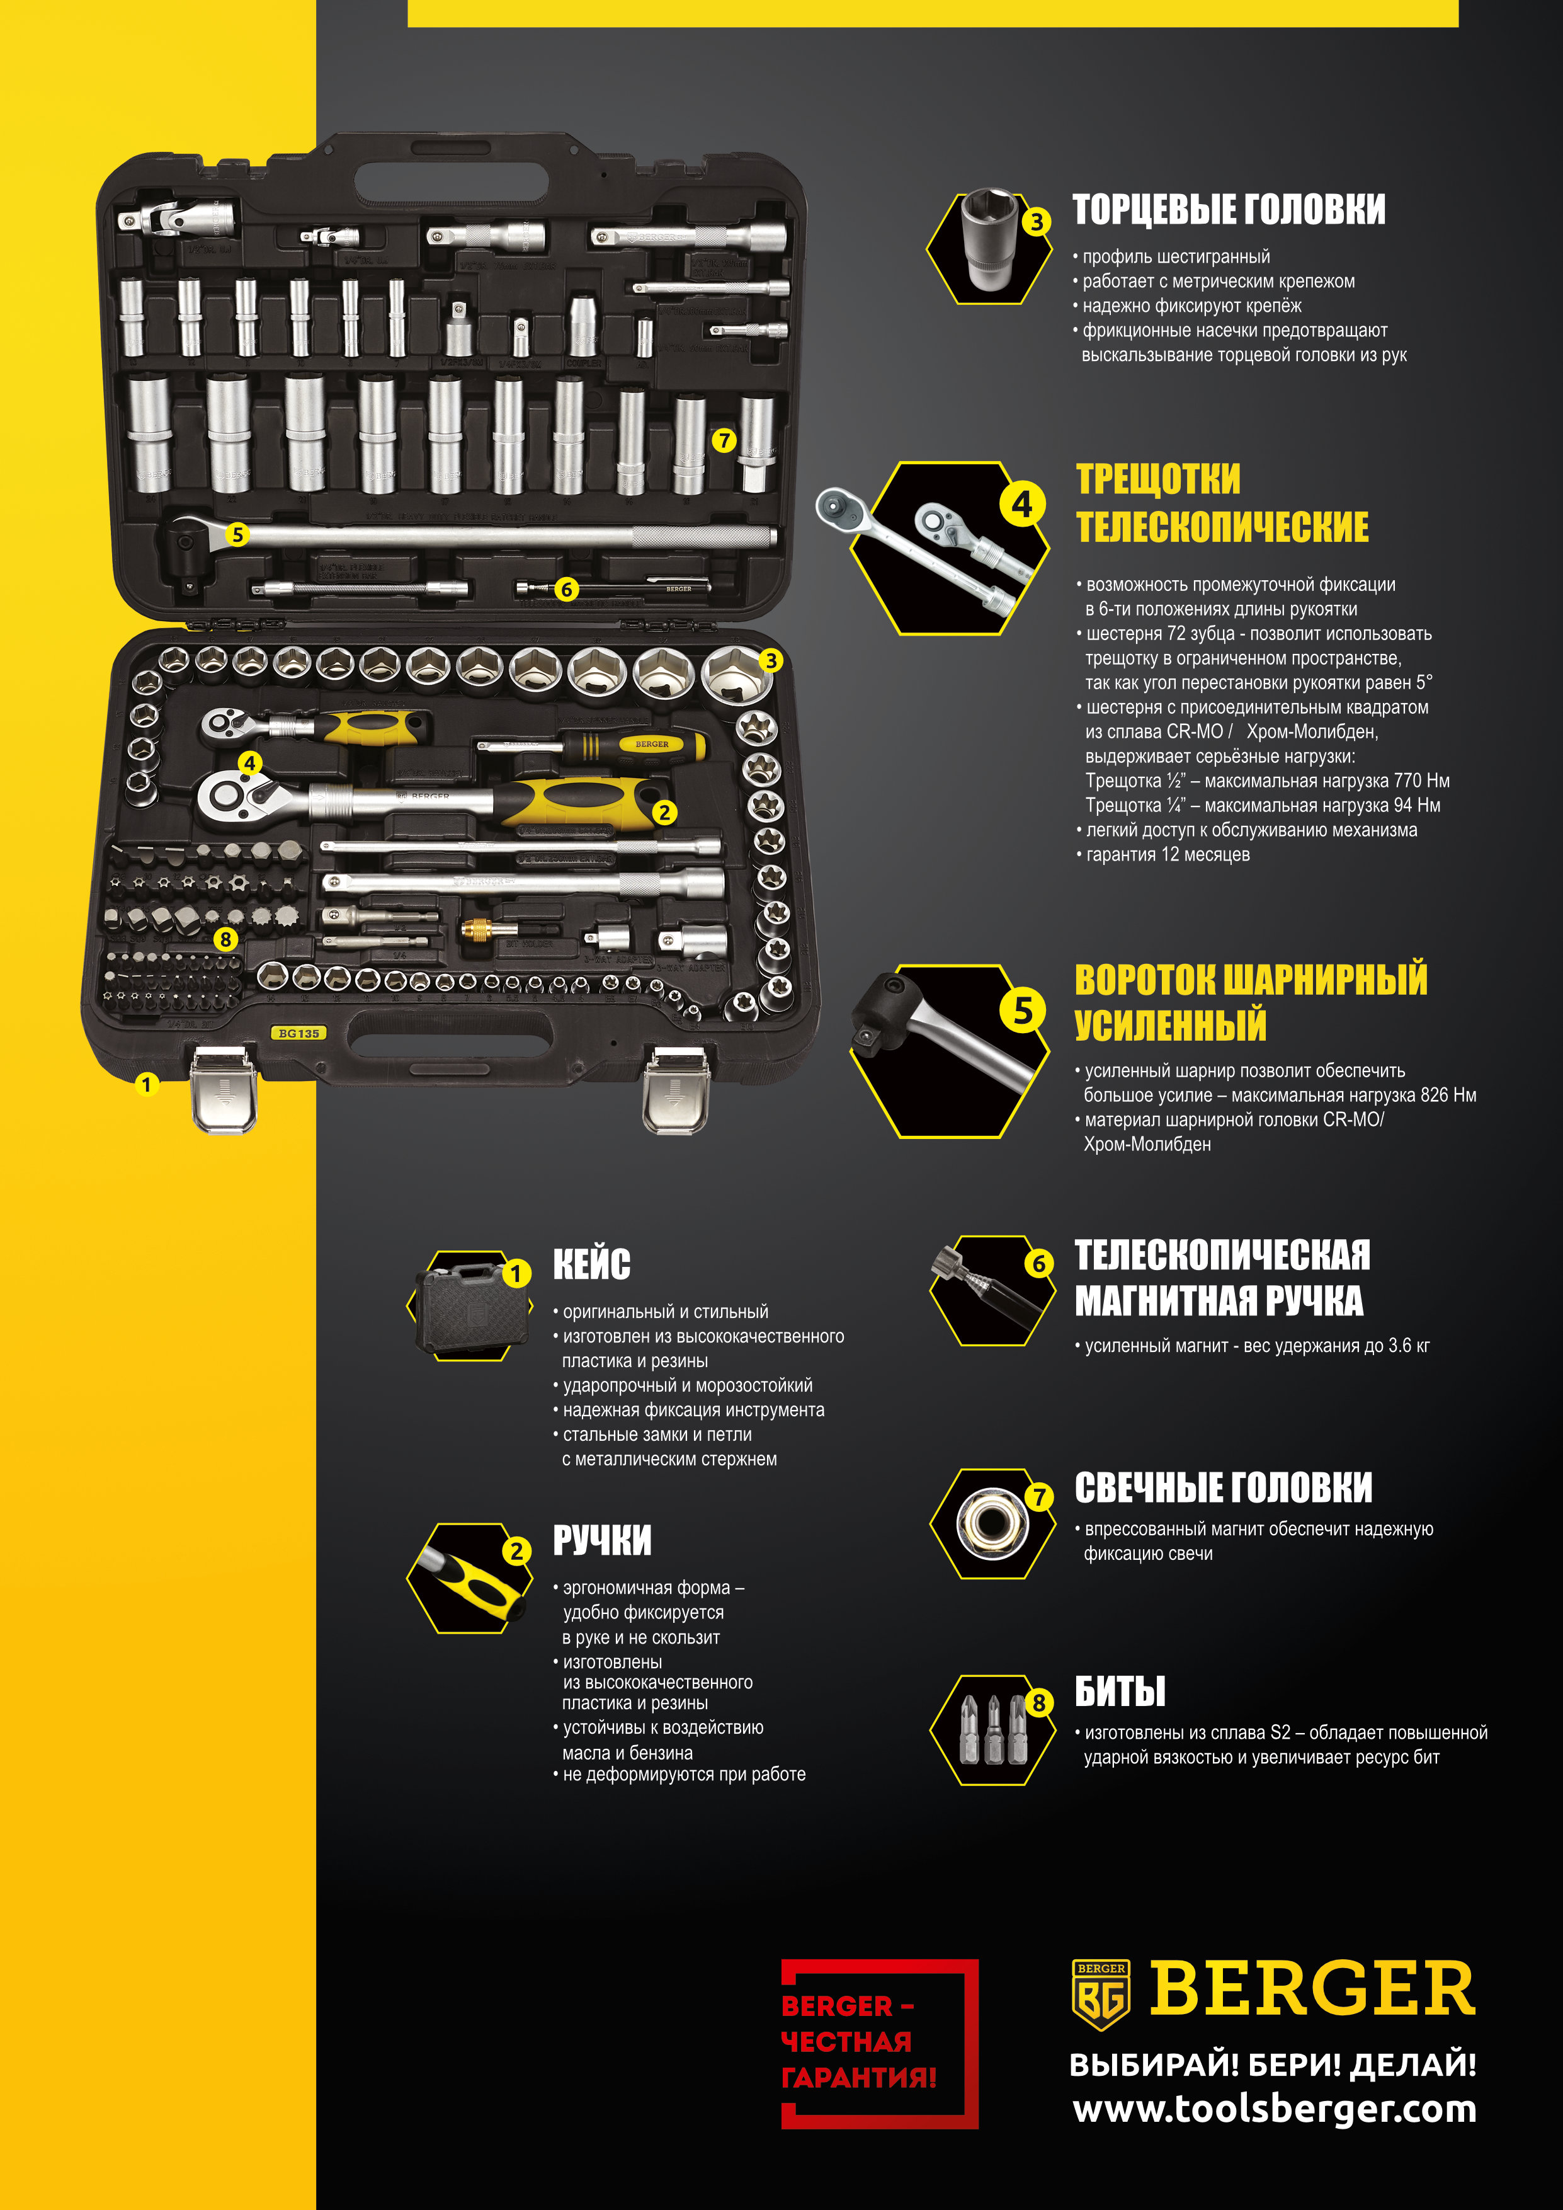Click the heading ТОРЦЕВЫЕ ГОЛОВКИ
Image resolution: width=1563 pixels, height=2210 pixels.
[1229, 210]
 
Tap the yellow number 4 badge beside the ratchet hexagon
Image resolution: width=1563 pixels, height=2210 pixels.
[1021, 505]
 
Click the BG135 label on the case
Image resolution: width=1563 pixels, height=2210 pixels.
[298, 1033]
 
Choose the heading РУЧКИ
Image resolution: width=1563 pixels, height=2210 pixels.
[601, 1540]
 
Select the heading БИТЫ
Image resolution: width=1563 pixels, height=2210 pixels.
[1119, 1691]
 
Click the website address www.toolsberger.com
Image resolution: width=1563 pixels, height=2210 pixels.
[1275, 2110]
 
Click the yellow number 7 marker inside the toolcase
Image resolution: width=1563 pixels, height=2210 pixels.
[724, 441]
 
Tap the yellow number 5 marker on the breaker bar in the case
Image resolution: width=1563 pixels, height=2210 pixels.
[237, 534]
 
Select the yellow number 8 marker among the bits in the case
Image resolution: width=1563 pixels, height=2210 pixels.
[225, 939]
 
